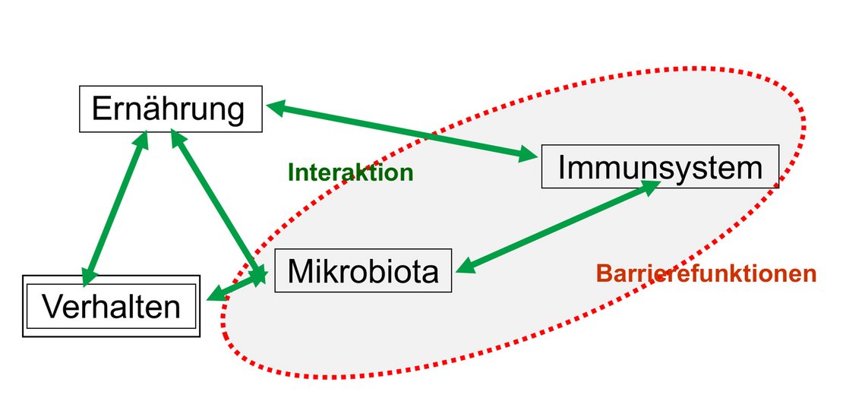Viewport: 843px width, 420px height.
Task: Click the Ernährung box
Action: pos(171,109)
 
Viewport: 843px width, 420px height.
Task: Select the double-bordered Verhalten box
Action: pos(112,306)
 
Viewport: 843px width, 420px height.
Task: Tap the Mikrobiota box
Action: pos(363,270)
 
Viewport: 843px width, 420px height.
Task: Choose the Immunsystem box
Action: pos(660,167)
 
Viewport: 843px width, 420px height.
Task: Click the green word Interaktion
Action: pos(351,172)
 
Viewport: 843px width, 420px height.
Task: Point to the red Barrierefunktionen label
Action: pos(706,273)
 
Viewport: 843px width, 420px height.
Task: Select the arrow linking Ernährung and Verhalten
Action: pos(116,207)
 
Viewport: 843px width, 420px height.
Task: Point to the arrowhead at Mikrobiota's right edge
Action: pos(466,266)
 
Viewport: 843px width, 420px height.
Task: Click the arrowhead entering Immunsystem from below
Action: pos(651,188)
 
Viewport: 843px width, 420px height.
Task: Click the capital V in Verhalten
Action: pos(54,306)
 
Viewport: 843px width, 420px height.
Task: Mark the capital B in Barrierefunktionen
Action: pos(603,273)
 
